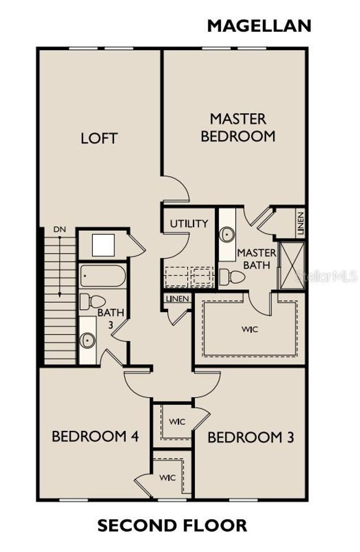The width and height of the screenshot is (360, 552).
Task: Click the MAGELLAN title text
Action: pos(259,26)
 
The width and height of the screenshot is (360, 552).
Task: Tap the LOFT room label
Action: pos(99,138)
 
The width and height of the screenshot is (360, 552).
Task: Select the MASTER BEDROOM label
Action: pos(238,128)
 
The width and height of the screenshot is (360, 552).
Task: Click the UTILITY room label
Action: pos(189,224)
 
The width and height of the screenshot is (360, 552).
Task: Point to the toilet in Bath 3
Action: pos(93,301)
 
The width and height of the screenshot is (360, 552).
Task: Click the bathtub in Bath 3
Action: pos(103,276)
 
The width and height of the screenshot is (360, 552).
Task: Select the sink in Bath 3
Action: pos(87,340)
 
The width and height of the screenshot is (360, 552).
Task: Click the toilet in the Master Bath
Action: pos(232,277)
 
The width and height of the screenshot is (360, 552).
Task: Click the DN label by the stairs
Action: pos(60,230)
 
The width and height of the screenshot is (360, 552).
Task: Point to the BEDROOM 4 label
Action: pos(95,436)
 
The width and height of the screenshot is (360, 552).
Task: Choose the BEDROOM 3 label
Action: pos(251,437)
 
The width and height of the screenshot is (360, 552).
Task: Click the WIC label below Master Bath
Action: pos(250,329)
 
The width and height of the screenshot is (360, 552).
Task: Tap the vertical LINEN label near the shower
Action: pos(300,224)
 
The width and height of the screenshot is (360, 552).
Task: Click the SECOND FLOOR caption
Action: pos(172,525)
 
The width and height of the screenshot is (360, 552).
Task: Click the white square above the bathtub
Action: pos(103,245)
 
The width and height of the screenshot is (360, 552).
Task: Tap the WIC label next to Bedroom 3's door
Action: pos(177,421)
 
